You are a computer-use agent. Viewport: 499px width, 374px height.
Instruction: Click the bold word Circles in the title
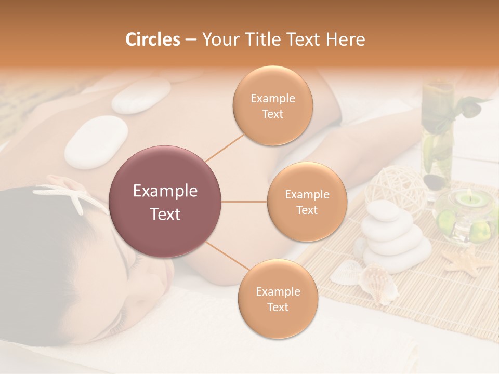153,39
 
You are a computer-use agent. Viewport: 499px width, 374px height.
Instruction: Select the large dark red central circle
165,202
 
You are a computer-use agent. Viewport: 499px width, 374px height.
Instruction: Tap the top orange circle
272,105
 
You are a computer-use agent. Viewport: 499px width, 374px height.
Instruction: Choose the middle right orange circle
307,202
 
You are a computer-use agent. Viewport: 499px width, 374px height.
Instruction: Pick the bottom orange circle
278,299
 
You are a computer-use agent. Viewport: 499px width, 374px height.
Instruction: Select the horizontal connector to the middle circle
244,202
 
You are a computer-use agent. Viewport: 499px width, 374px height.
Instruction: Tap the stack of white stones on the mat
394,236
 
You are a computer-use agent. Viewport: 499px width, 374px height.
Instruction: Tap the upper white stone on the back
141,96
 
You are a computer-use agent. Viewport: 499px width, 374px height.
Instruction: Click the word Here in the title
346,39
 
